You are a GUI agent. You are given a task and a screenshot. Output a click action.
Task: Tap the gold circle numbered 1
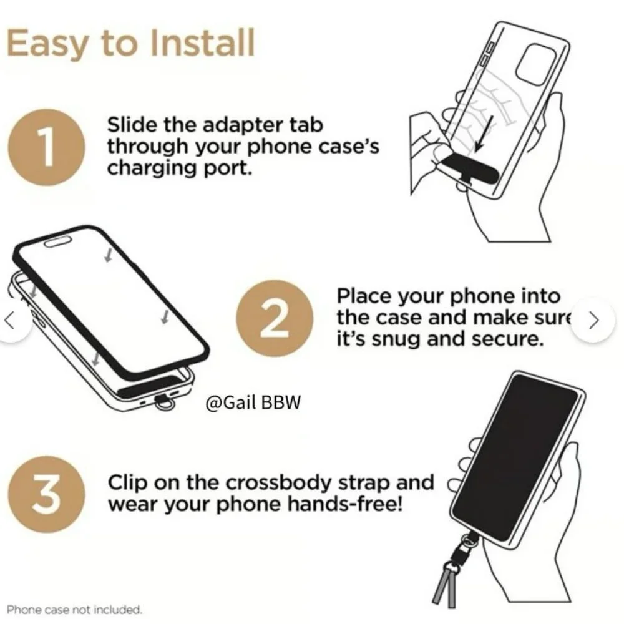[46, 147]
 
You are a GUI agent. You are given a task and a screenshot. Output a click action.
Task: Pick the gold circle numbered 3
[46, 494]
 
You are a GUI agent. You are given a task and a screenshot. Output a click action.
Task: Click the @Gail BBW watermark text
[253, 402]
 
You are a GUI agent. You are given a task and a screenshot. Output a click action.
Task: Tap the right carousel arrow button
[594, 319]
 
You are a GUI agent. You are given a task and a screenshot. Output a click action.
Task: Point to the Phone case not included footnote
[74, 609]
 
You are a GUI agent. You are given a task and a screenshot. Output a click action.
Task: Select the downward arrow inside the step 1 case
[485, 134]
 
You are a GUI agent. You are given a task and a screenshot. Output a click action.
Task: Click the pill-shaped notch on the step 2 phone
[58, 241]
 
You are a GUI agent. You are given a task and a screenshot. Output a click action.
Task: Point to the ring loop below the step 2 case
[164, 404]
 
